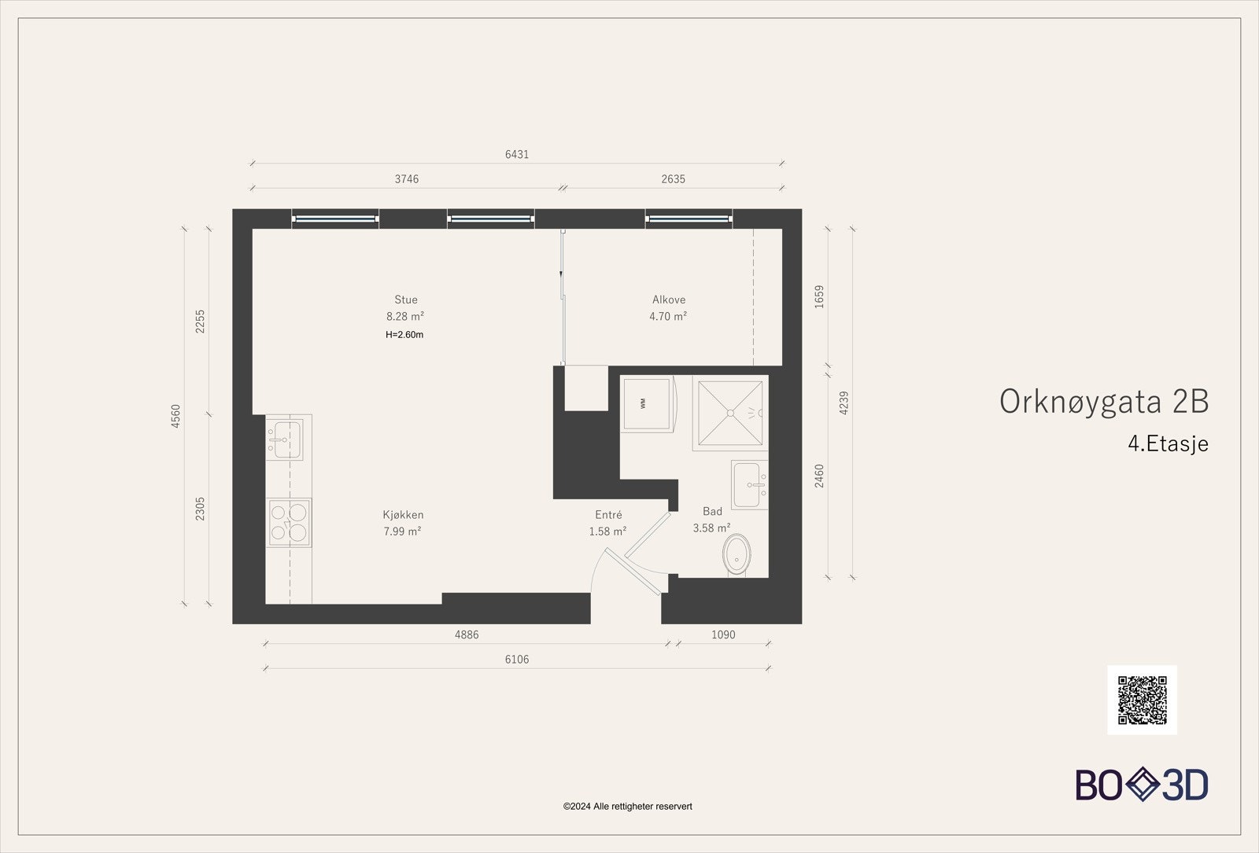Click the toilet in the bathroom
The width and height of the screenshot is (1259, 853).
coord(737,554)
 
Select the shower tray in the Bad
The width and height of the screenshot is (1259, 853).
coord(730,413)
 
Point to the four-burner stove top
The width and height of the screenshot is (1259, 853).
coord(289,522)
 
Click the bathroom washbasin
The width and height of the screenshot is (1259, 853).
coord(749,484)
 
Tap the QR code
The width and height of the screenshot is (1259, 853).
coord(1142,700)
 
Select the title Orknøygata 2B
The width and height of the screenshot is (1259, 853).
coord(1103,402)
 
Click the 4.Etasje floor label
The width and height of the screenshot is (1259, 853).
coord(1168,443)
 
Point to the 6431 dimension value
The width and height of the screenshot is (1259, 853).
coord(517,154)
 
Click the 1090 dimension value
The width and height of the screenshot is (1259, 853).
coord(723,634)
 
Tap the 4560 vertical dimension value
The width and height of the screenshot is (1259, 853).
coord(176,416)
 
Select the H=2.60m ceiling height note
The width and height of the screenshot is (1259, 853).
coord(404,335)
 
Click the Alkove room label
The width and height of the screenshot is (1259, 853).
coord(669,300)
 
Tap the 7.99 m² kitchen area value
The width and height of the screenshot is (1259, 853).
coord(402,531)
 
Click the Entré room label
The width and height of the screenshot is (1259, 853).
coord(609,514)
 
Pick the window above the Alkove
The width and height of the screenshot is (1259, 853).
coord(689,219)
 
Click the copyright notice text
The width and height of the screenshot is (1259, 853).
coord(628,807)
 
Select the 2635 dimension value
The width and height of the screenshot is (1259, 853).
coord(674,179)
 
